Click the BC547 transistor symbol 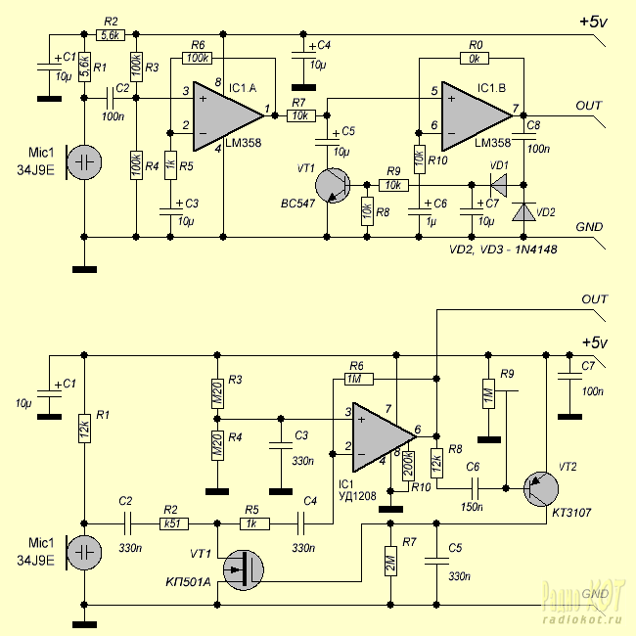click(333, 185)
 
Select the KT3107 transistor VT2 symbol click(541, 489)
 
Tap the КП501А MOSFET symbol click(244, 569)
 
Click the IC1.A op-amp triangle click(228, 116)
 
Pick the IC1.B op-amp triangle click(477, 116)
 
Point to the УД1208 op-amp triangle click(385, 437)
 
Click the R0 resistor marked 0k click(475, 59)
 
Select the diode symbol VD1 click(499, 185)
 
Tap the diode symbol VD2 click(523, 211)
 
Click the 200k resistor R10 click(408, 466)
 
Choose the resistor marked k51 click(173, 523)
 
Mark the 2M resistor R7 click(390, 561)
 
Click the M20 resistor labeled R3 click(217, 393)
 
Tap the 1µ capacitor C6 click(419, 211)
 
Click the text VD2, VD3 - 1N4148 click(503, 250)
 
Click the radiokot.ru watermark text click(582, 619)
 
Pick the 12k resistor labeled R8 click(436, 463)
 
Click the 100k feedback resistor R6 click(197, 59)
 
